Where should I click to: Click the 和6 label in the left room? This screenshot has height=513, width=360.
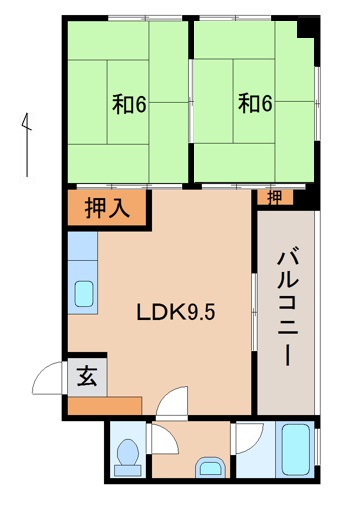click(129, 102)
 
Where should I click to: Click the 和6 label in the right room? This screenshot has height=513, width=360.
click(256, 102)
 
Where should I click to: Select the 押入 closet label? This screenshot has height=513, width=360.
click(107, 209)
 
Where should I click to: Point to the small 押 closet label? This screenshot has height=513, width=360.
click(273, 196)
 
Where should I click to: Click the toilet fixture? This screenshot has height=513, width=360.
click(126, 456)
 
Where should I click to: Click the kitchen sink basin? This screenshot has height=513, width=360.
click(84, 294)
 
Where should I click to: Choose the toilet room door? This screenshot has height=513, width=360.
click(159, 440)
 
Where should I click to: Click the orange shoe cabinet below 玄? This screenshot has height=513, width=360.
click(105, 406)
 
